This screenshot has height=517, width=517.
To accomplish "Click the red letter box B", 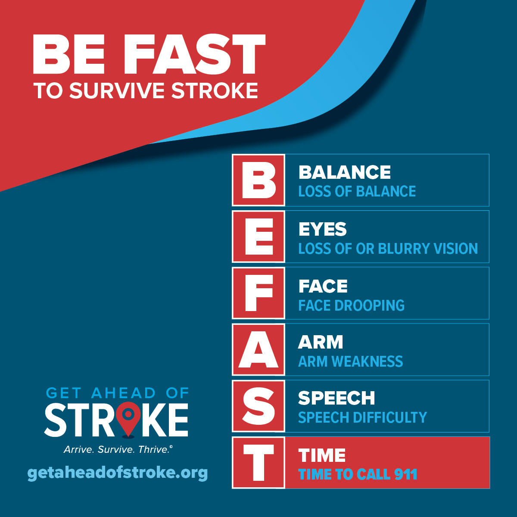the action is coord(258,180).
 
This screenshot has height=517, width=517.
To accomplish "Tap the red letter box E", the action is coord(258,237).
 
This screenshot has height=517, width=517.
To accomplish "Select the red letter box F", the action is coord(258,293).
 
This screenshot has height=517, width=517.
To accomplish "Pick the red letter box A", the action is coord(258,349).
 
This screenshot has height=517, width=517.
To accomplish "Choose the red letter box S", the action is coord(258,406).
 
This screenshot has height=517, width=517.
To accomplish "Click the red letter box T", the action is coord(258,463).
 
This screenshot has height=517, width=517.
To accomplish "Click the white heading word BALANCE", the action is coord(345,172).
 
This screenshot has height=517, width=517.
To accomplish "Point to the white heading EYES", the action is coord(323,229).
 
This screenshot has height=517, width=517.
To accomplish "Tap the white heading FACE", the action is coord(323,286).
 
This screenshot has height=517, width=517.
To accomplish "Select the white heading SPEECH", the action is coord(336,398).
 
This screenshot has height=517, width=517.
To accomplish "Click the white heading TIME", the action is coord(322,455).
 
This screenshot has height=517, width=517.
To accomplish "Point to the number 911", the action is coord(406,474).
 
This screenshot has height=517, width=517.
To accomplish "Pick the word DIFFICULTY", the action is coord(390,417).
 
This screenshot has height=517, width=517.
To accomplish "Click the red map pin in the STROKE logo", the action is coord(128,419).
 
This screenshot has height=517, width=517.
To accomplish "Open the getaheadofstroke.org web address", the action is coord(118,473).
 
